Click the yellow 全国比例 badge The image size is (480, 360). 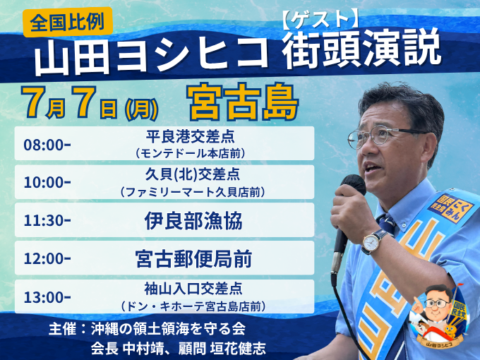[68, 22]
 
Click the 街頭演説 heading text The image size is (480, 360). [361, 49]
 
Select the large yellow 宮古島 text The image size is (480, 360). [242, 102]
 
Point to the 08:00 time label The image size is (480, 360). [47, 145]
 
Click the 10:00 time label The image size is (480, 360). [47, 182]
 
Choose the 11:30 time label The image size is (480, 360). [47, 220]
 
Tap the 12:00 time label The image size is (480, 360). [47, 258]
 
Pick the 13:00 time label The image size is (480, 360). [47, 297]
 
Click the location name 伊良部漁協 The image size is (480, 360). [193, 220]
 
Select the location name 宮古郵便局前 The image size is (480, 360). [194, 258]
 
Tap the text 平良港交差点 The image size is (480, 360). [190, 136]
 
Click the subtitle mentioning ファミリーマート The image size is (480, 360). [193, 192]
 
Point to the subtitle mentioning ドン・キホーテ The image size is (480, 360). [193, 306]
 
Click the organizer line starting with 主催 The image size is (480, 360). [147, 329]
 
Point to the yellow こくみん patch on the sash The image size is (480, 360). [450, 208]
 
